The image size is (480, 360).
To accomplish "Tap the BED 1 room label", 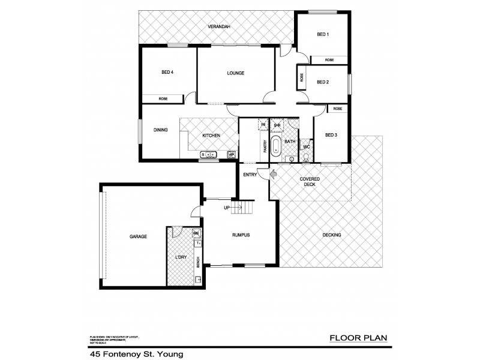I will click(x=323, y=35).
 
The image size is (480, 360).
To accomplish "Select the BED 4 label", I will click(x=167, y=73).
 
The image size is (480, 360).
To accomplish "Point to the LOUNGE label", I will click(x=235, y=73).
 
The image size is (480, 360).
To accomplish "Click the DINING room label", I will click(x=160, y=130).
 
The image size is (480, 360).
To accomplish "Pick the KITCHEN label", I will click(x=211, y=136).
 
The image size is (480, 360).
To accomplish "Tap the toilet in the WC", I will click(x=306, y=157).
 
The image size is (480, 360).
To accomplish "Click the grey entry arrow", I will click(x=273, y=175).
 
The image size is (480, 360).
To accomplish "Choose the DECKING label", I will click(x=331, y=235).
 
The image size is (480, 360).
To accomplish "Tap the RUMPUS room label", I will click(x=241, y=235).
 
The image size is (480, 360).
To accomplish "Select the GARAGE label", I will click(x=138, y=236).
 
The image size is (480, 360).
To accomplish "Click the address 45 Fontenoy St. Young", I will click(x=135, y=354).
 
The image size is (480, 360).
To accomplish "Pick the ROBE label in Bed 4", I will click(x=163, y=98).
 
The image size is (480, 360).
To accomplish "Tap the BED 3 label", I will click(x=331, y=135).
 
